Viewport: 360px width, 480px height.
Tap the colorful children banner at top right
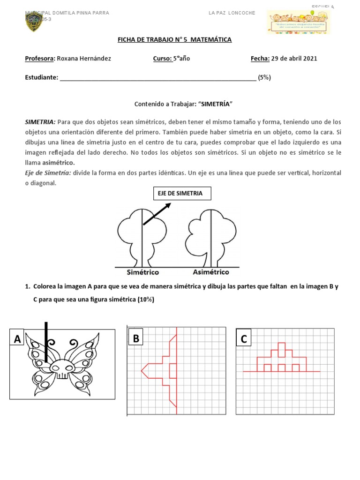(x=298, y=22)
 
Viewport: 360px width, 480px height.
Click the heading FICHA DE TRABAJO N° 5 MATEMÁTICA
(x=174, y=40)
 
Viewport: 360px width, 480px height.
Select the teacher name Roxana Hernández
(x=84, y=59)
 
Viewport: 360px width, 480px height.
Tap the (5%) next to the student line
(x=264, y=78)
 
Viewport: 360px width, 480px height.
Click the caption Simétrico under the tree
(x=143, y=272)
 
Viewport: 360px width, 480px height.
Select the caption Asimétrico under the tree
(x=211, y=272)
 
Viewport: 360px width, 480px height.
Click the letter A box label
(x=18, y=338)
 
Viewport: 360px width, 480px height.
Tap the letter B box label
(x=136, y=338)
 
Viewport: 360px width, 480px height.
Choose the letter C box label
(x=244, y=338)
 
